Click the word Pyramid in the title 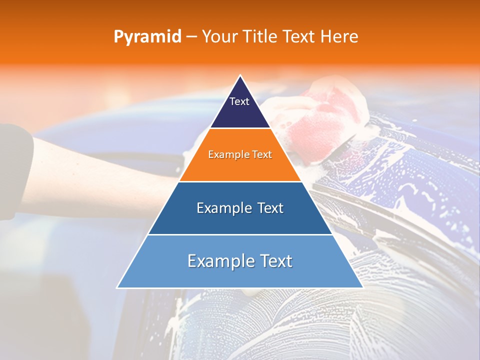147,36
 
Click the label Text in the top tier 239,101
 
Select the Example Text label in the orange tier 240,154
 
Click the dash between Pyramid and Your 191,37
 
